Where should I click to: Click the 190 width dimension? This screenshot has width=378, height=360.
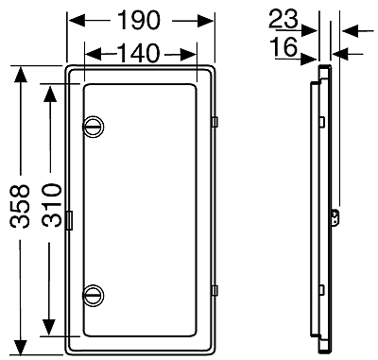[x=139, y=21]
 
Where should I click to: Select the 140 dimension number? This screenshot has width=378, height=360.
[x=139, y=53]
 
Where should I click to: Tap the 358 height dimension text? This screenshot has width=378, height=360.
[x=20, y=206]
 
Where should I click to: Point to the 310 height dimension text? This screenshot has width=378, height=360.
[x=52, y=205]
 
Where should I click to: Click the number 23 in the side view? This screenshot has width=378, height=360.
[x=283, y=19]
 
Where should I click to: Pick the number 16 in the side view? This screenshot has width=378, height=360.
[x=283, y=47]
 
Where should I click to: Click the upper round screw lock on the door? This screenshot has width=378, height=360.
[x=94, y=127]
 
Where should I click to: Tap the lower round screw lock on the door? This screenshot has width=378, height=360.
[x=94, y=295]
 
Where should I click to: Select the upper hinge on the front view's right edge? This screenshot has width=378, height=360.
[x=215, y=122]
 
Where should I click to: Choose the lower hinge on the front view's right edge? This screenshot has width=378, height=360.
[x=215, y=291]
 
